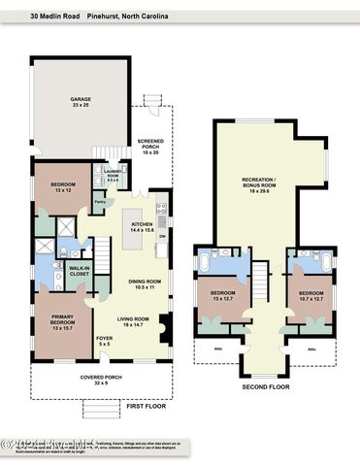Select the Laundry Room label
click(x=113, y=175)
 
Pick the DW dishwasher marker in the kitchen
click(x=162, y=236)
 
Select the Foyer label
click(x=104, y=340)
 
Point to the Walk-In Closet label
click(x=80, y=272)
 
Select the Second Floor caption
click(x=266, y=386)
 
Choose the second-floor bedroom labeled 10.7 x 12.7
click(x=311, y=295)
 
